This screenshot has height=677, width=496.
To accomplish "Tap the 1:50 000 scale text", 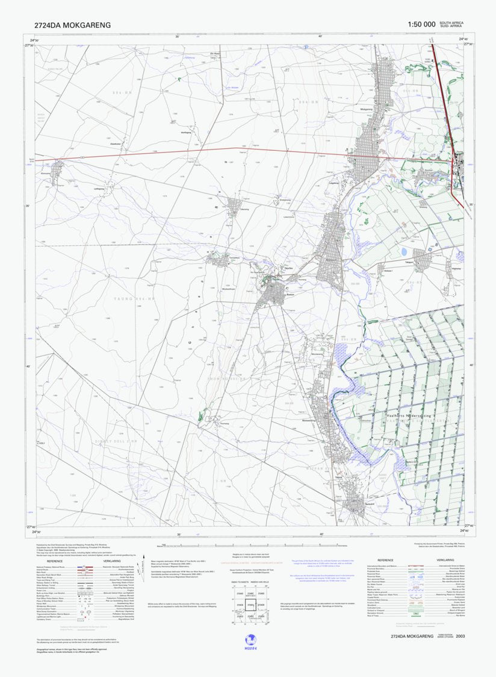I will click(421, 24).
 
